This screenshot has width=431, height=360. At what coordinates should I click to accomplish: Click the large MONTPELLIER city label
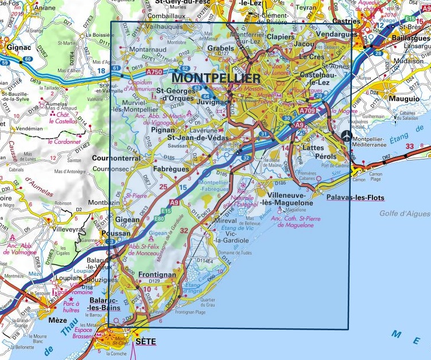tap(216, 78)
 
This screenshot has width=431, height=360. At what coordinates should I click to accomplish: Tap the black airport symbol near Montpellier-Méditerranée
tap(347, 136)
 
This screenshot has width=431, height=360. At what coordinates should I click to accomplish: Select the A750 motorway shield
tap(154, 72)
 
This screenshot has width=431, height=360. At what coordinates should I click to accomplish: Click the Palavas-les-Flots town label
tap(355, 198)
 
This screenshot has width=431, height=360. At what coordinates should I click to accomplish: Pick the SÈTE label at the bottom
tap(145, 342)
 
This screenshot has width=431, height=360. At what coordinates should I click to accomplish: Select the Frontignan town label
tap(157, 275)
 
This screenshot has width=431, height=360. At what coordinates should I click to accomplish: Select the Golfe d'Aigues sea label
tap(405, 214)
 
